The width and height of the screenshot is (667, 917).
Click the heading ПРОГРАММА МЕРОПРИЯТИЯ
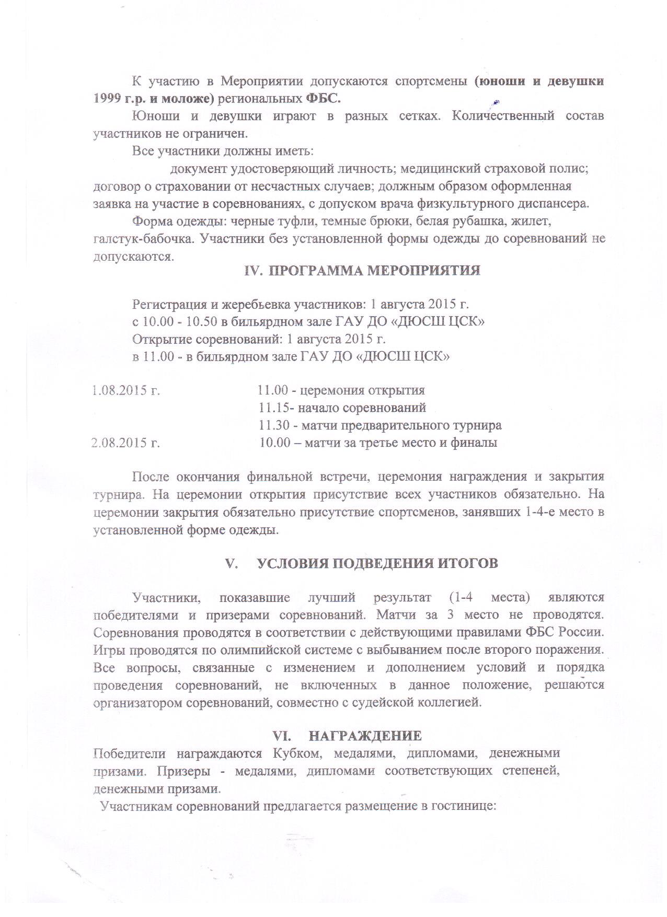375,271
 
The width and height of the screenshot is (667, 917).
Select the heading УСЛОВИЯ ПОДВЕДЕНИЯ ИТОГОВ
378,563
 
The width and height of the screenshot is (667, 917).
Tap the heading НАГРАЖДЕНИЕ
365,736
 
